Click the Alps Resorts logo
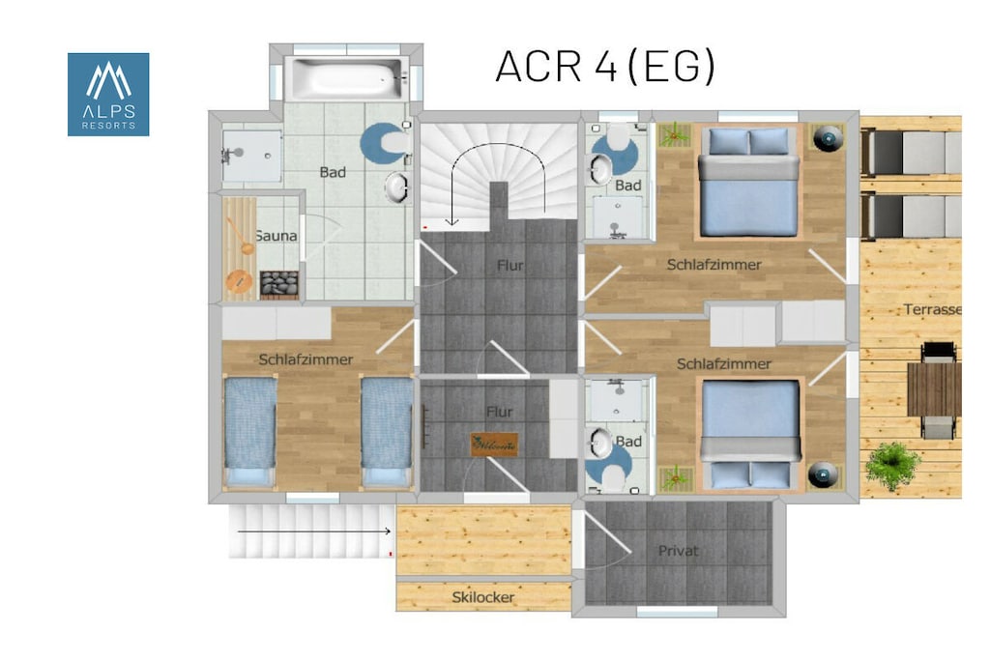click(108, 94)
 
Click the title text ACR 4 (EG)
click(605, 67)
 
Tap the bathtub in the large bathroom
click(346, 78)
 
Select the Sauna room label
click(276, 236)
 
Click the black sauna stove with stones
click(279, 284)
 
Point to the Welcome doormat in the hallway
click(494, 445)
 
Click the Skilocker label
click(483, 597)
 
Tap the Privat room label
click(678, 551)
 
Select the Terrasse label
click(933, 309)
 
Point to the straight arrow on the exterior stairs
click(314, 531)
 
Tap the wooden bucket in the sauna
click(240, 281)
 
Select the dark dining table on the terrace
click(935, 389)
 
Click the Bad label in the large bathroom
click(333, 172)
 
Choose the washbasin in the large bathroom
click(397, 187)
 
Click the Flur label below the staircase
click(510, 266)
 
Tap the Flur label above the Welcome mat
click(500, 412)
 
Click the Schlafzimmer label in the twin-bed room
click(306, 359)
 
